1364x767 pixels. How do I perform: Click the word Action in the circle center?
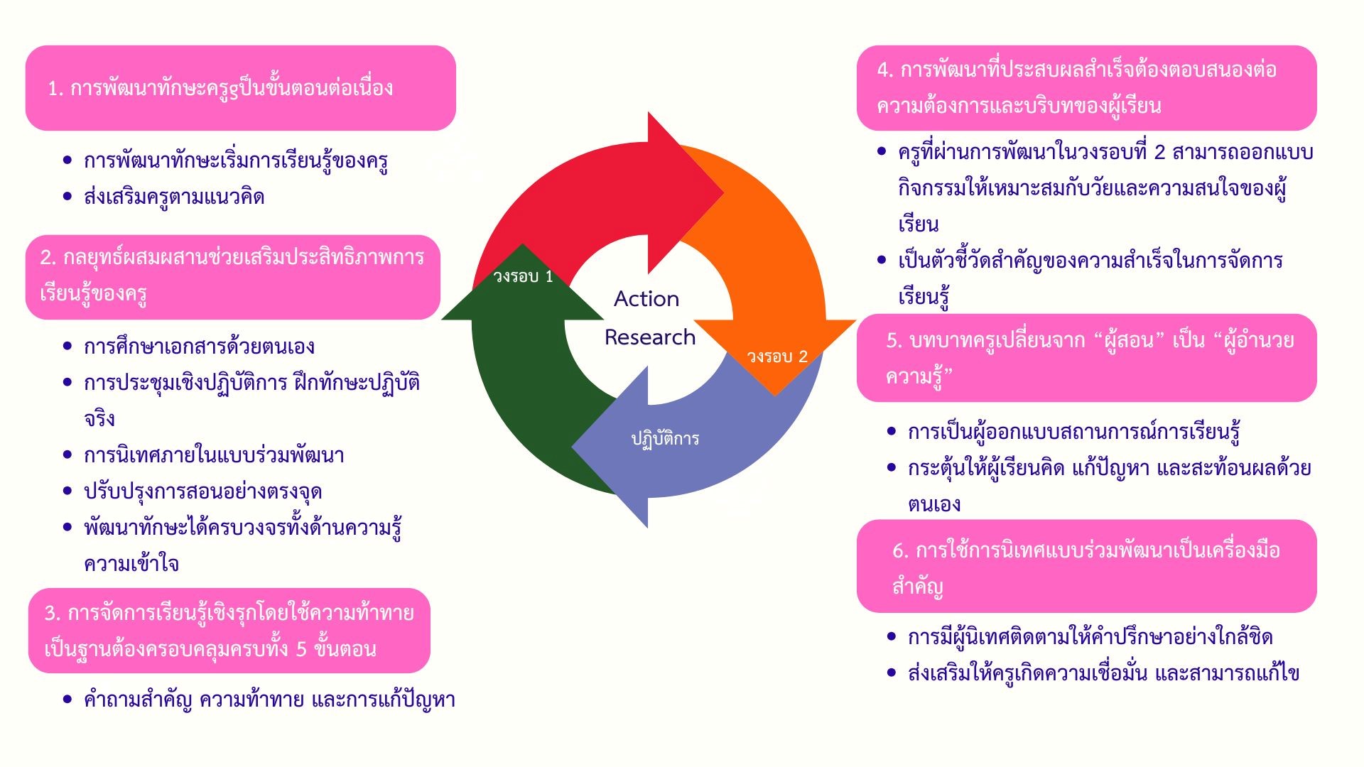(646, 299)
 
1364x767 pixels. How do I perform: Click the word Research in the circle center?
(650, 337)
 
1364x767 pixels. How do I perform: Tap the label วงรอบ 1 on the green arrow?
(523, 276)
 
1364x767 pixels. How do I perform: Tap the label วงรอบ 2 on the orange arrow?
(777, 357)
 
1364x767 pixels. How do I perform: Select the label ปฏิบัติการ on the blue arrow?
(665, 439)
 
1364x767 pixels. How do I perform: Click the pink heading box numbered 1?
(240, 88)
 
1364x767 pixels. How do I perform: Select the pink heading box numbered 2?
(233, 276)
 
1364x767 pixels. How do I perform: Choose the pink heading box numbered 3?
(229, 631)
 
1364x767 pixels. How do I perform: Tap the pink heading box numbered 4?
(1086, 88)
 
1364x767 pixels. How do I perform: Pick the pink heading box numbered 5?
(1086, 358)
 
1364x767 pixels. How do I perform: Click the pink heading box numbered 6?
(1086, 567)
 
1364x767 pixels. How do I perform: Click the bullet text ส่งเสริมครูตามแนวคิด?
(174, 197)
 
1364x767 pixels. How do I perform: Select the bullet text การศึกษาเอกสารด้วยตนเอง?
(199, 347)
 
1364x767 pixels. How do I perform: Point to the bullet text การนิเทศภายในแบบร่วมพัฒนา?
(214, 455)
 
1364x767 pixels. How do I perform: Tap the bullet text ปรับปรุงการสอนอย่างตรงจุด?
(203, 491)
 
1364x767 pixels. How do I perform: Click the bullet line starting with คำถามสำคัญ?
(269, 700)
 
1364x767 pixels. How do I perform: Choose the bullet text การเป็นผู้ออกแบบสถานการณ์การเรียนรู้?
(1074, 432)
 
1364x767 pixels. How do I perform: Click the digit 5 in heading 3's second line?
(301, 649)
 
